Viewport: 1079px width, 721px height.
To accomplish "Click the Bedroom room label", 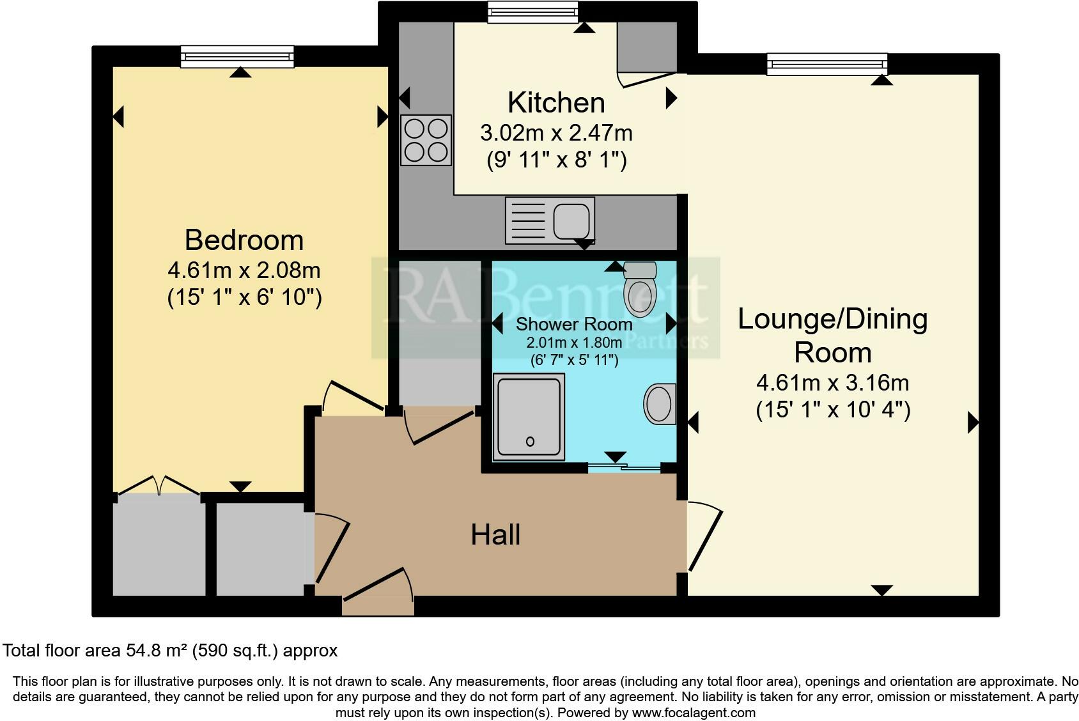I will (244, 240).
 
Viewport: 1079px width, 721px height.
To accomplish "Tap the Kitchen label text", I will (555, 103).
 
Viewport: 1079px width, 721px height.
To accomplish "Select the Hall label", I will (495, 534).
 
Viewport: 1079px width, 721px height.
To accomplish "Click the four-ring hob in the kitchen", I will (426, 140).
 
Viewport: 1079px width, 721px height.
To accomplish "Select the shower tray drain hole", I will (530, 441).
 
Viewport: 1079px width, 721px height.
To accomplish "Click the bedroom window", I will (237, 56).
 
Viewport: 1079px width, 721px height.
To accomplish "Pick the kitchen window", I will (532, 12).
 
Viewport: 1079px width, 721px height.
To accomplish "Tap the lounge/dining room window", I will (827, 64).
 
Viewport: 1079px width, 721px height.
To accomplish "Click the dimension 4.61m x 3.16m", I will (832, 383).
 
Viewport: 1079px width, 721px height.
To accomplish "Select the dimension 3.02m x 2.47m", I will (556, 133).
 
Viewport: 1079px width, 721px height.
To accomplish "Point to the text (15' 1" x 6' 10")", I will (244, 298).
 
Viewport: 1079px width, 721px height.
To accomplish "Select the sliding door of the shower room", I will (623, 468).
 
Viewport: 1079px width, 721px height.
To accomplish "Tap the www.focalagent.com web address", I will (694, 712).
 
